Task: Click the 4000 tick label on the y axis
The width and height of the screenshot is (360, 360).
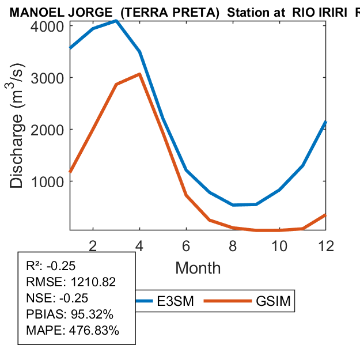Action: pyautogui.click(x=48, y=26)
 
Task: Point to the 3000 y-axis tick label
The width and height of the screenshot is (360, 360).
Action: pyautogui.click(x=48, y=78)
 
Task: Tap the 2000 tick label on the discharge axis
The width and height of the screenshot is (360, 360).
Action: pyautogui.click(x=48, y=130)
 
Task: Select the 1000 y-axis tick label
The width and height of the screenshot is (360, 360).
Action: pyautogui.click(x=48, y=181)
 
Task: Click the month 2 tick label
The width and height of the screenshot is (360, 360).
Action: pyautogui.click(x=93, y=245)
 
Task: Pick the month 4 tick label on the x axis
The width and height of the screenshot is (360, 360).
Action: pyautogui.click(x=140, y=245)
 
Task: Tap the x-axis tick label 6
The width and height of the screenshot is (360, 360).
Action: pyautogui.click(x=187, y=245)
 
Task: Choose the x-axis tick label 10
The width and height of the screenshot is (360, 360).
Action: pyautogui.click(x=279, y=245)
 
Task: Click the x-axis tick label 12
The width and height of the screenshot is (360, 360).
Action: pyautogui.click(x=326, y=245)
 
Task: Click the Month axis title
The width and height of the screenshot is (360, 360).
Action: pyautogui.click(x=198, y=267)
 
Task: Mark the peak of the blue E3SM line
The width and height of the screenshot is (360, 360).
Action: pyautogui.click(x=116, y=21)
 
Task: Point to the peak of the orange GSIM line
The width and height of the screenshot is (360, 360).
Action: pyautogui.click(x=139, y=74)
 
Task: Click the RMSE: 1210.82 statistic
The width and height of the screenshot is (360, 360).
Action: pyautogui.click(x=71, y=282)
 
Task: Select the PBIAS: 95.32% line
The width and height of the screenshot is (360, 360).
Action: pyautogui.click(x=70, y=314)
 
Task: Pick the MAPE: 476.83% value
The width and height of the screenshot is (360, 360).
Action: pyautogui.click(x=73, y=331)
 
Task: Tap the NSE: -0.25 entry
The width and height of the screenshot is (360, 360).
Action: pyautogui.click(x=56, y=298)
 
